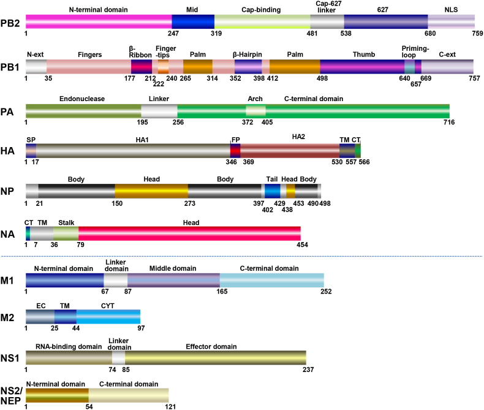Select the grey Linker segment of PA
[x=159, y=111]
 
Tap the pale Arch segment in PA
[x=255, y=111]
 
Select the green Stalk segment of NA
[x=66, y=233]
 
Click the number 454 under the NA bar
[x=301, y=245]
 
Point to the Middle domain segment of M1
[x=173, y=280]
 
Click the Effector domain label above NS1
[x=214, y=346]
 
